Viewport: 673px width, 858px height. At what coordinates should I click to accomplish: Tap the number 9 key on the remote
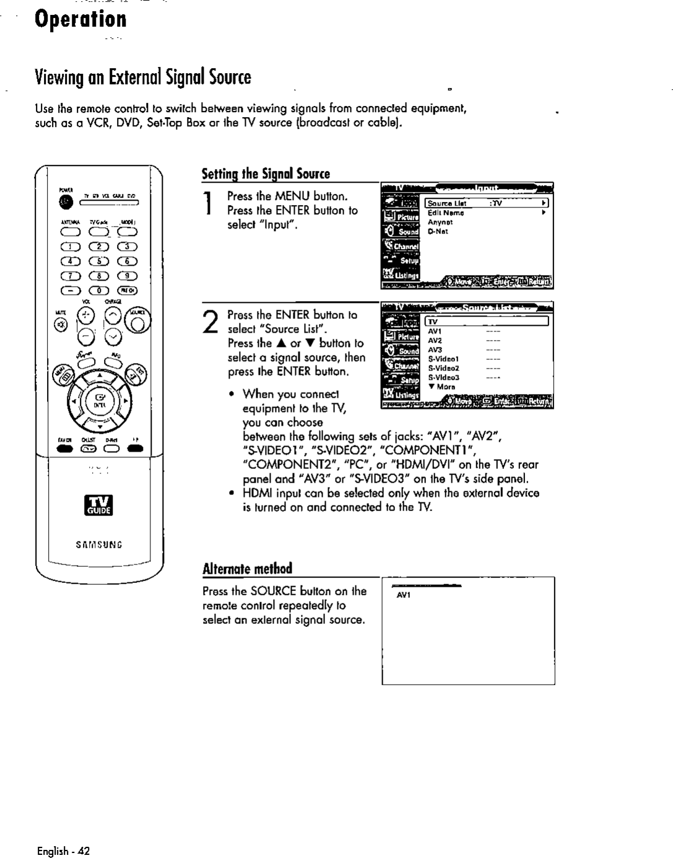(128, 276)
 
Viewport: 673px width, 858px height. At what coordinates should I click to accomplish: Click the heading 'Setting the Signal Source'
(266, 174)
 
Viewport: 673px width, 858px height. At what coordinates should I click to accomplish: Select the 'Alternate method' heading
(247, 569)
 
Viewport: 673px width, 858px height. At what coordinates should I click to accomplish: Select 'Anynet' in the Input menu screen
(440, 222)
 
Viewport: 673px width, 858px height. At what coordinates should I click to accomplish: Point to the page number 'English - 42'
(63, 851)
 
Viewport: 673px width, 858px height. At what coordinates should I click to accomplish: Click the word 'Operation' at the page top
(80, 19)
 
